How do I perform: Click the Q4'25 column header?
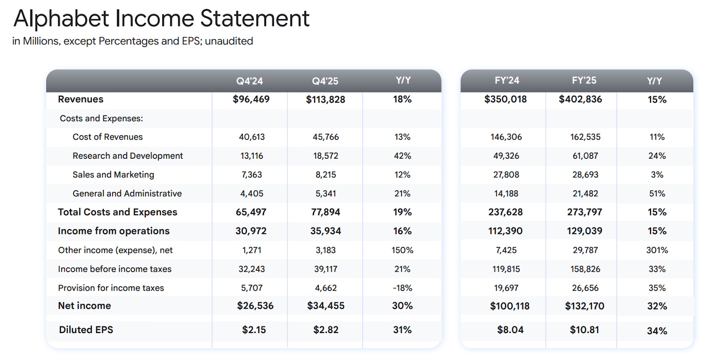[x=325, y=81]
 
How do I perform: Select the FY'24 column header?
[x=507, y=81]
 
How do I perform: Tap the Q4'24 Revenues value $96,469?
[x=251, y=99]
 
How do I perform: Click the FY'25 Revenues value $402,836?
[x=580, y=99]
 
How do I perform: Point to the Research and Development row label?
[x=128, y=156]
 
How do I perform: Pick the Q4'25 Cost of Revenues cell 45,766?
[x=326, y=137]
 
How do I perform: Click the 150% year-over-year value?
[x=402, y=250]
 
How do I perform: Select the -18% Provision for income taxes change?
[x=402, y=288]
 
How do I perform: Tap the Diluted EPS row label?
[x=86, y=330]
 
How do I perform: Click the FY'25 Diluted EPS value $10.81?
[x=584, y=330]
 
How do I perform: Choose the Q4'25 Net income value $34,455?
[x=326, y=306]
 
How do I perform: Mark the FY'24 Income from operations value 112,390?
[x=505, y=231]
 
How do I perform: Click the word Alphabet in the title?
[x=61, y=18]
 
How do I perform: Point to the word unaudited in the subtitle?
[x=229, y=41]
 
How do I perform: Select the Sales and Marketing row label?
[x=113, y=174]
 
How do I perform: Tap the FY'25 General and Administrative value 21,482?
[x=585, y=193]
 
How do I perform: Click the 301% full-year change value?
[x=657, y=250]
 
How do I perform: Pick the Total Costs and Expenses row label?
[x=117, y=212]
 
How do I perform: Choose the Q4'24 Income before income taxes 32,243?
[x=251, y=269]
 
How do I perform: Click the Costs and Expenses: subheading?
[x=101, y=118]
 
